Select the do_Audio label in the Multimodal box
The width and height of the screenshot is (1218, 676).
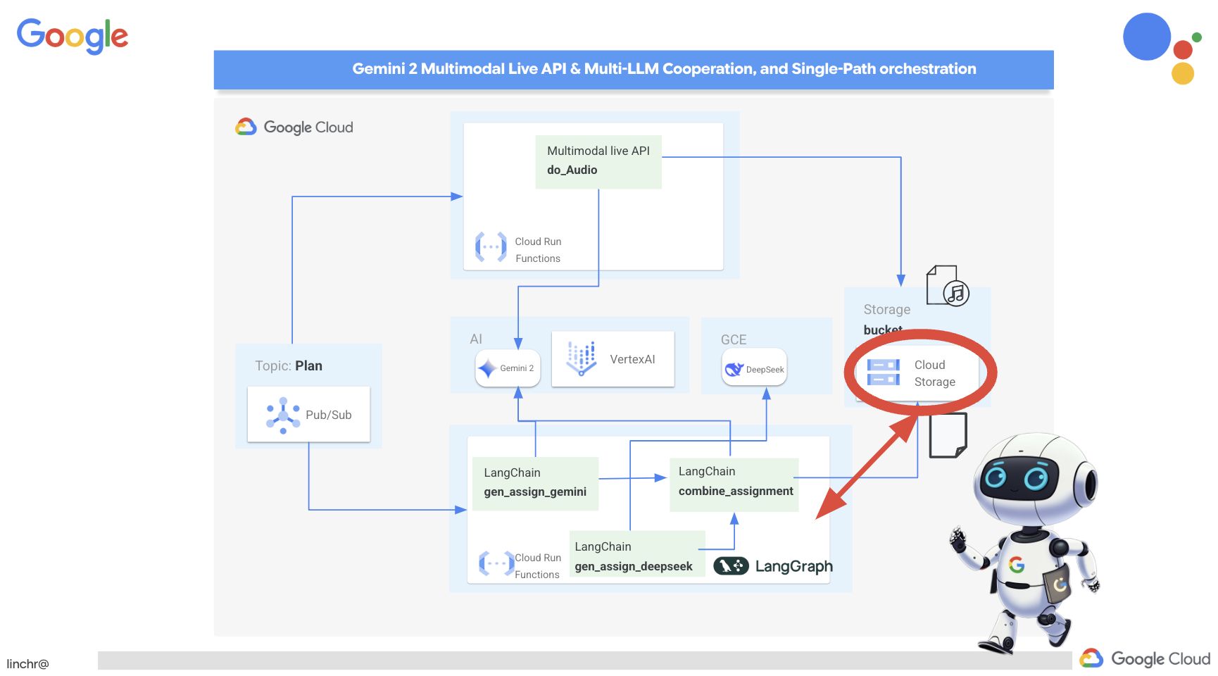point(572,170)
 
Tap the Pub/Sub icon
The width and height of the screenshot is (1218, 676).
point(283,415)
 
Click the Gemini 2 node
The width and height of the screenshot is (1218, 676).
point(508,368)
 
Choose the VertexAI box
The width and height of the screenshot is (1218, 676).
point(613,359)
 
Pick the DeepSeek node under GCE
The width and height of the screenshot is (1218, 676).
point(754,369)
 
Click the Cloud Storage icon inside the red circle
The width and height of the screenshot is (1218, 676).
point(883,373)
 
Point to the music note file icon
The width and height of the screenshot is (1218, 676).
point(948,286)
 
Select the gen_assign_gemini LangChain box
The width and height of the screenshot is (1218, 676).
point(535,483)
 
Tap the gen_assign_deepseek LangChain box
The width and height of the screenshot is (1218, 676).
point(634,556)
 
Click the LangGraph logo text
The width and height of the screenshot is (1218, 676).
point(793,566)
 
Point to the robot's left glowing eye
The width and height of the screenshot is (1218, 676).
point(996,477)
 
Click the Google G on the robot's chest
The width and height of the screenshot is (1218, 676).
point(1016,564)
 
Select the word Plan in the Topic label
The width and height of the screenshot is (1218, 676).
point(308,365)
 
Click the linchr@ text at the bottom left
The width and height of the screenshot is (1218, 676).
point(28,664)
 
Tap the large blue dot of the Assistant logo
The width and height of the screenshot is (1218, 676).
point(1146,37)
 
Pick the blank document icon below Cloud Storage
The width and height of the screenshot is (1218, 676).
point(948,435)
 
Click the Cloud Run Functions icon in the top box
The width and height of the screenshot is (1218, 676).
point(491,247)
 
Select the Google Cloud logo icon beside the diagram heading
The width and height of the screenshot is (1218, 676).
point(246,127)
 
